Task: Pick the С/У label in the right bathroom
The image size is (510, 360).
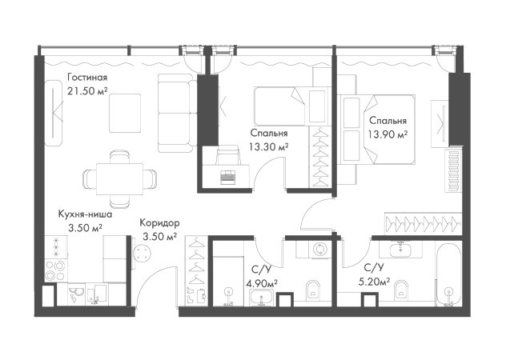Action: coord(372,272)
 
